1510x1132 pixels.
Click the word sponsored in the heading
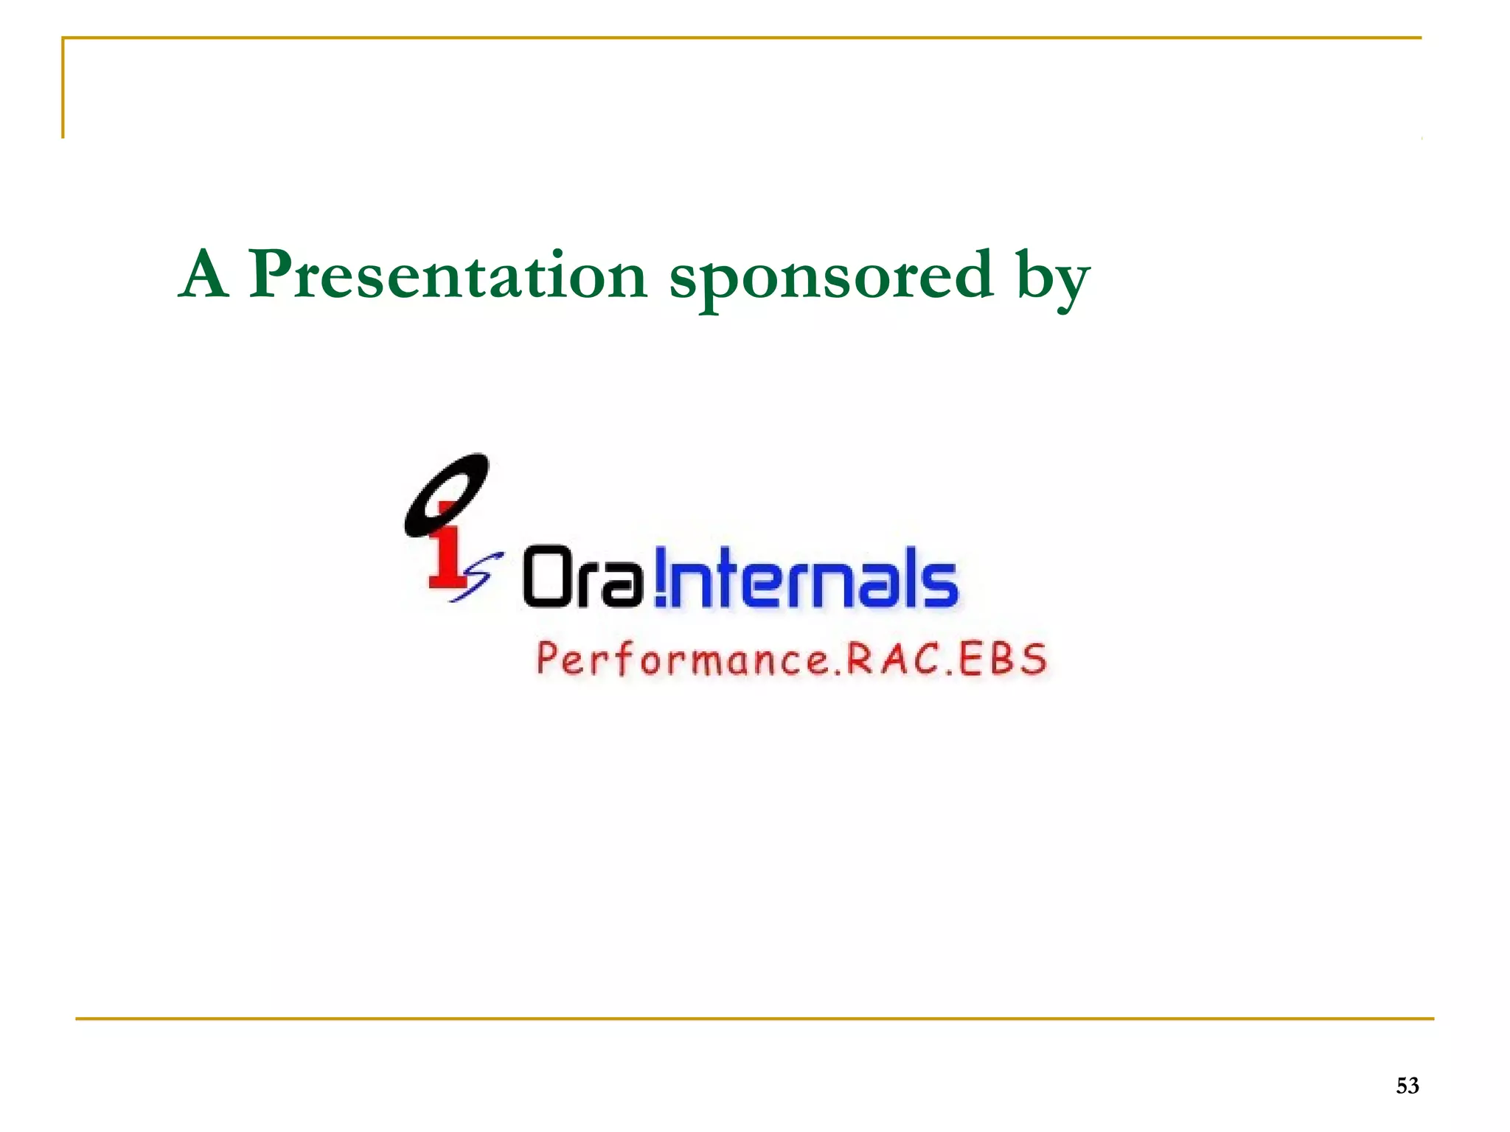(831, 279)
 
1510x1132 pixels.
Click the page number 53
(1407, 1086)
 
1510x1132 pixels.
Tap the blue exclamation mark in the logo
(660, 577)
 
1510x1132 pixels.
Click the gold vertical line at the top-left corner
(63, 88)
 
